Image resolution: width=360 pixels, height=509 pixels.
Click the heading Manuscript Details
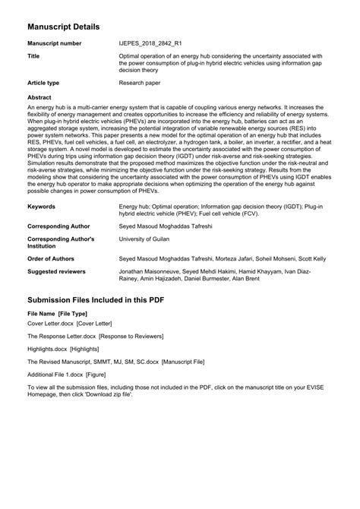[64, 27]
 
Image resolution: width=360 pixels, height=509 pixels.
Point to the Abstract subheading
[39, 99]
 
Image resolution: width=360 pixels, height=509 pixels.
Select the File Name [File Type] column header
[57, 313]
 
